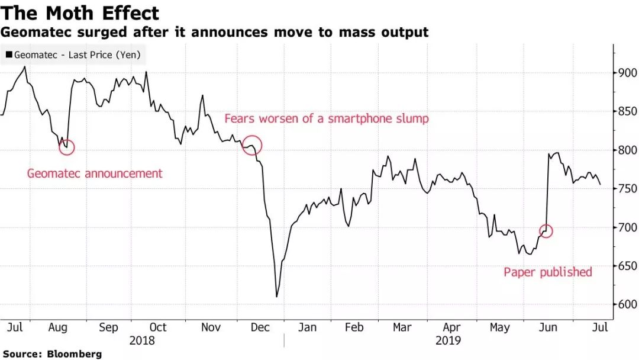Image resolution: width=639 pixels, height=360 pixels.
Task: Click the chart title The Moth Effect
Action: coord(80,13)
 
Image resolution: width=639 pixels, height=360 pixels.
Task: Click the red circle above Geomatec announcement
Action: coord(67,147)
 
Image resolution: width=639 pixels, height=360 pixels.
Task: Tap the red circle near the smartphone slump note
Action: coord(252,144)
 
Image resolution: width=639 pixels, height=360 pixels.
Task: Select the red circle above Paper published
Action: coord(546,231)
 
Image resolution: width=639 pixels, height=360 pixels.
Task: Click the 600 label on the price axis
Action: coord(625,305)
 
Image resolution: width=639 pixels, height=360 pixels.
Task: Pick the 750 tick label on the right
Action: coord(625,189)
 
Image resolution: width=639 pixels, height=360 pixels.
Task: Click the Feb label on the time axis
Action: coord(354,327)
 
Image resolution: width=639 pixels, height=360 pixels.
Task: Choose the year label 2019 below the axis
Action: coord(447,340)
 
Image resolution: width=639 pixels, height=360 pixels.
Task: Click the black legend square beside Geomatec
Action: coord(9,55)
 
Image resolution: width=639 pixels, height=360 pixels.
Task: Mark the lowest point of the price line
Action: coord(277,297)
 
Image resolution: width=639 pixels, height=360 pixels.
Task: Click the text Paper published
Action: coord(547,272)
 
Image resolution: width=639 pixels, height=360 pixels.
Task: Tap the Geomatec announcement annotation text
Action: coord(95,174)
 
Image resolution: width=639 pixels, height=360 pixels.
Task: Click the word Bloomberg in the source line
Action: coord(75,353)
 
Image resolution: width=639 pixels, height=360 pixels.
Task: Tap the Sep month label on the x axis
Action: coord(108,327)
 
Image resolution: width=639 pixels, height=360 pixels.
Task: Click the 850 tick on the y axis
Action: coord(625,111)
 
